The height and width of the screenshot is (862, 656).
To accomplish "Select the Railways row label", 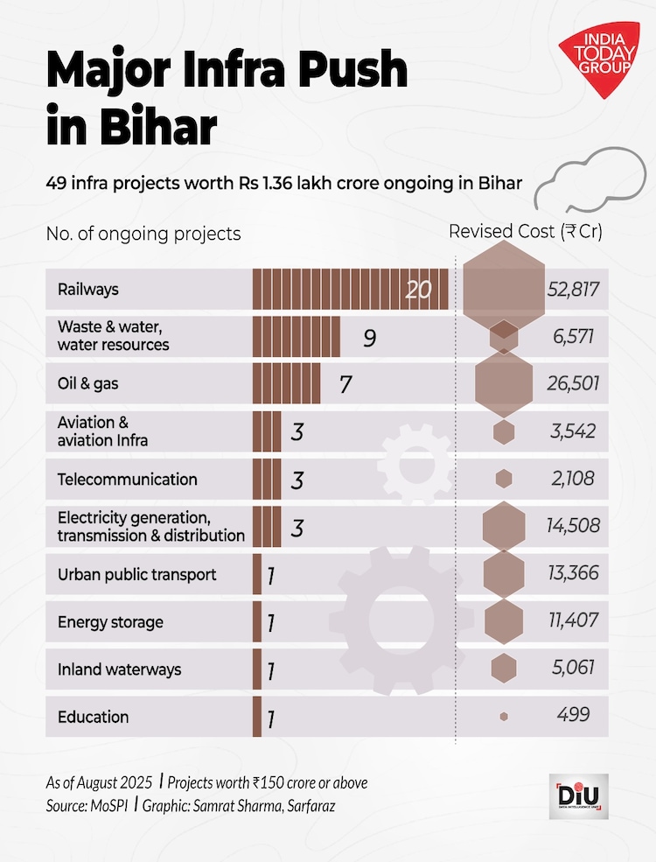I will pos(87,289).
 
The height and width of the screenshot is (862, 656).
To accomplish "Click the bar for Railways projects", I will pos(350,289).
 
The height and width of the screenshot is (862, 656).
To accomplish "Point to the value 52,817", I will pos(573,289).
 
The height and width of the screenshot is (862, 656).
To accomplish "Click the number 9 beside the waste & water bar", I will pos(369,337).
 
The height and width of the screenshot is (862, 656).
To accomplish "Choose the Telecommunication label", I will pos(128,480).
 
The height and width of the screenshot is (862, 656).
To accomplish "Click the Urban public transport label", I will pos(137,575).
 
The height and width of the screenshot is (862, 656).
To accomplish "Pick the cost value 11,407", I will pos(574,620).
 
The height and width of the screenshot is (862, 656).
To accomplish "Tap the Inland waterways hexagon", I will pos(504,669).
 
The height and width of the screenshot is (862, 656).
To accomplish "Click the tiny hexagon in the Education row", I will pos(504,716).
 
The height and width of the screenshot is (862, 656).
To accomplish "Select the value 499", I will pos(574,715).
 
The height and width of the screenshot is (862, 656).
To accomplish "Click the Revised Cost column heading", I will pos(525,232).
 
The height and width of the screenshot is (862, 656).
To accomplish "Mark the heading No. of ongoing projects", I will pos(143,235).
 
